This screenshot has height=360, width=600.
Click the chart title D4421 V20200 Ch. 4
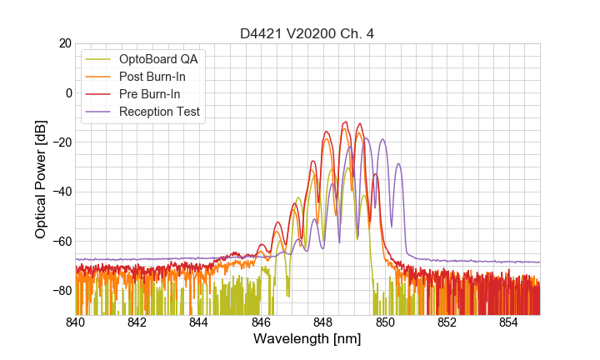(x=307, y=33)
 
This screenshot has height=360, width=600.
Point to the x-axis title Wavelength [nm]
(x=307, y=339)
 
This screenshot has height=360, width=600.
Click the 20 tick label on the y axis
(x=64, y=43)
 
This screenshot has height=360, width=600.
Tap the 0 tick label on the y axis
(x=68, y=92)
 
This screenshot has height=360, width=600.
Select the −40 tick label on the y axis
(x=61, y=192)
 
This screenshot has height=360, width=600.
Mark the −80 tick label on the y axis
(x=61, y=291)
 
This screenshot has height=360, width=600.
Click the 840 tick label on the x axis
(x=76, y=322)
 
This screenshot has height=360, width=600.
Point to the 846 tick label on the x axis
(x=261, y=322)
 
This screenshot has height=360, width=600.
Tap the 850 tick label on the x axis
(x=385, y=322)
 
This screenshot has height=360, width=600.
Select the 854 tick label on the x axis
(x=508, y=322)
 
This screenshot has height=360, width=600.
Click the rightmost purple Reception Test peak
(x=398, y=164)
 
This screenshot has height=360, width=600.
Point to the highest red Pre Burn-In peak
(x=344, y=122)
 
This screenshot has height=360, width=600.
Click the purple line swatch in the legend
(x=98, y=112)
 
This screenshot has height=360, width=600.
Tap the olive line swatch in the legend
(x=98, y=58)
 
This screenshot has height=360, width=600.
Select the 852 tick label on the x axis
(x=447, y=322)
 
